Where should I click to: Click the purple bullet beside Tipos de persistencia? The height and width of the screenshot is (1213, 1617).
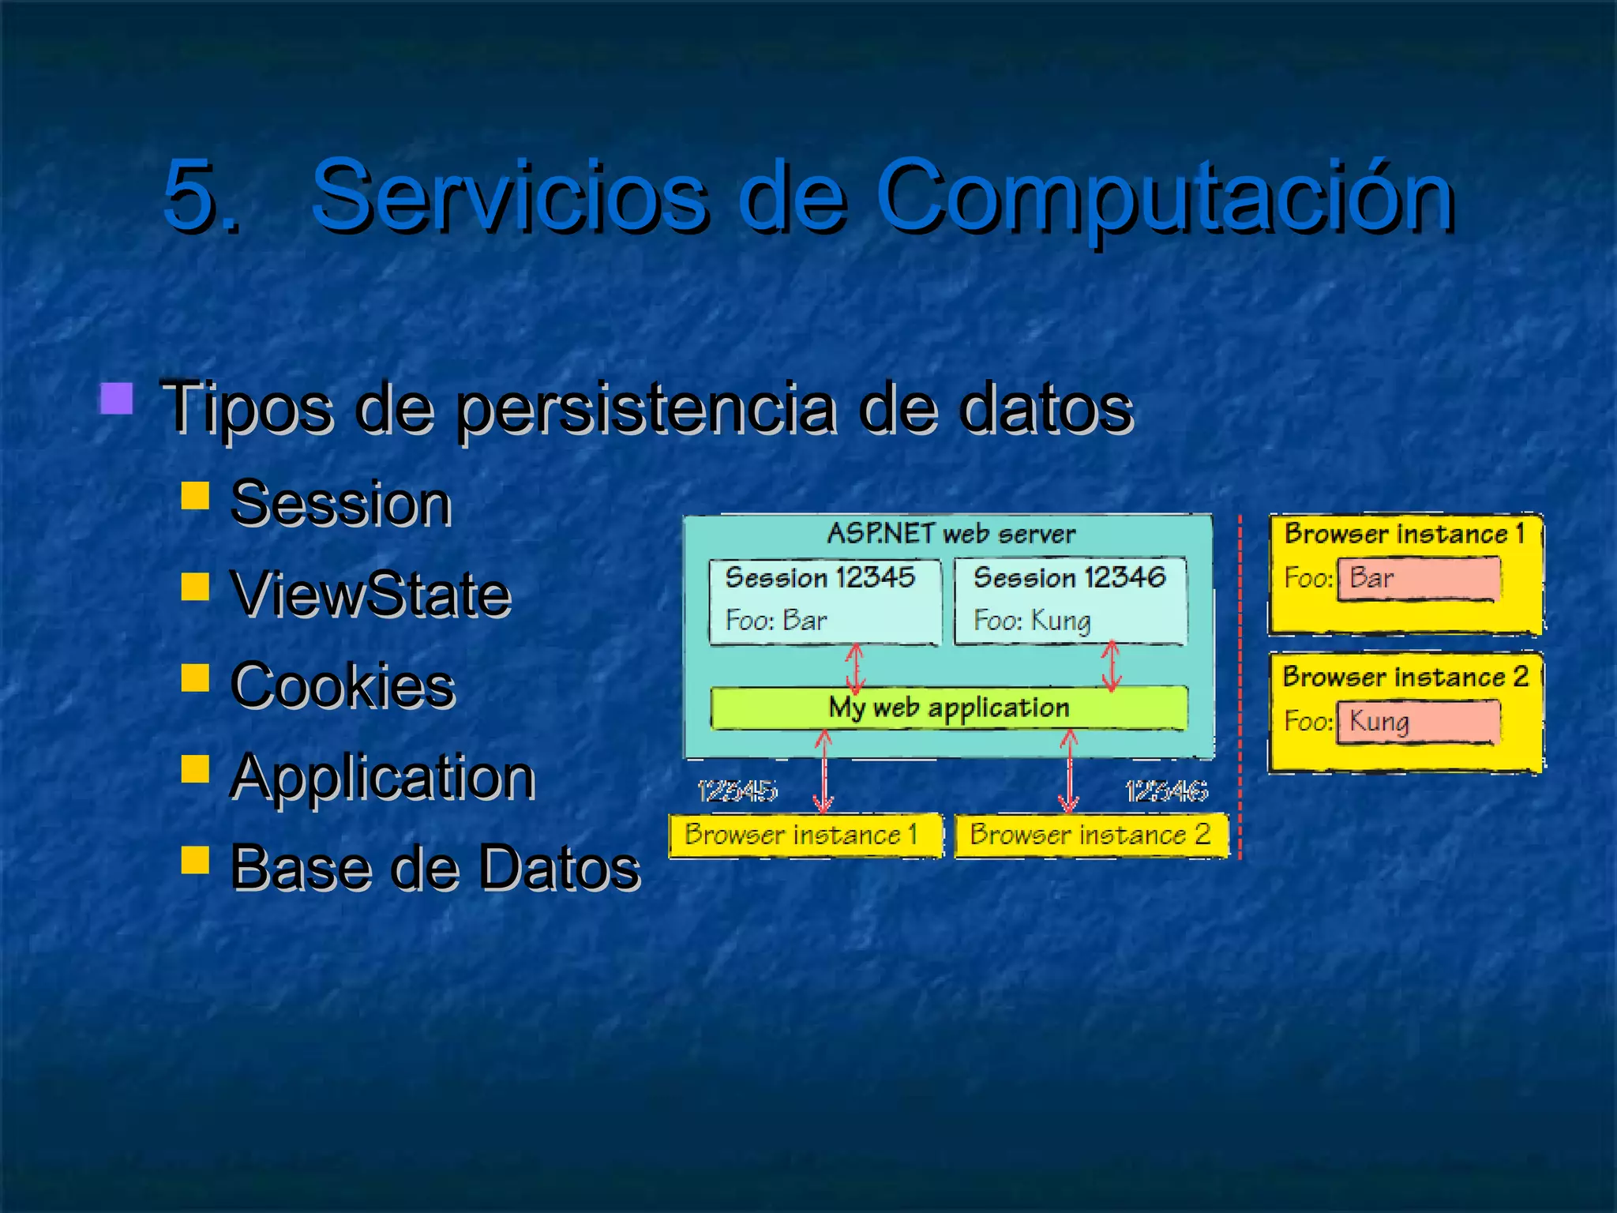point(116,399)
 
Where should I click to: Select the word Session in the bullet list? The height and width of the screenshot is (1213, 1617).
point(340,503)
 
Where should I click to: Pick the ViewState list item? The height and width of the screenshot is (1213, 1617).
point(370,594)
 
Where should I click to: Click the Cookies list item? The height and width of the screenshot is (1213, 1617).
point(342,685)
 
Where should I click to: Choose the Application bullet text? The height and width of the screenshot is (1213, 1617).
point(382,777)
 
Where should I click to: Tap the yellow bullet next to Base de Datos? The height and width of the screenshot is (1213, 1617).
point(195,860)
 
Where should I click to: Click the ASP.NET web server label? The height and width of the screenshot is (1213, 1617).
point(951,534)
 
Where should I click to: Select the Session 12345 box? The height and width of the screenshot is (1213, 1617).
point(824,601)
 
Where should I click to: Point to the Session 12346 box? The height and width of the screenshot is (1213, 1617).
point(1070,601)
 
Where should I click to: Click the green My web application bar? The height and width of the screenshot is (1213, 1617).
point(949,708)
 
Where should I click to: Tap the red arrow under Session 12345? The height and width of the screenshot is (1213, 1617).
point(855,668)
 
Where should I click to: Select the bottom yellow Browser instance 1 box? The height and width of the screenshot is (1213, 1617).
point(805,835)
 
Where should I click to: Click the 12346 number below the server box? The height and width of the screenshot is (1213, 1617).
point(1166,791)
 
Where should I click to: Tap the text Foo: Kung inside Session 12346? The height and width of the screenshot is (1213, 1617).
point(1032,621)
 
